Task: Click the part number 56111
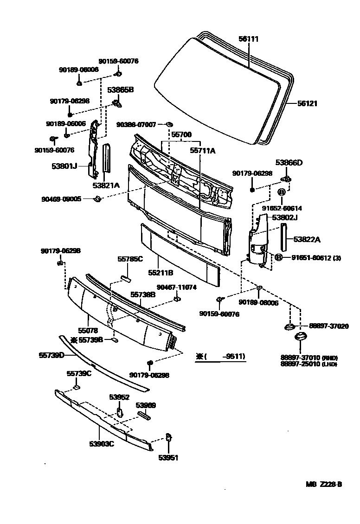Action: (x=249, y=39)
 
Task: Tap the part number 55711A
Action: (x=203, y=150)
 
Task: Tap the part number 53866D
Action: (x=289, y=162)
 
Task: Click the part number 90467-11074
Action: (x=176, y=288)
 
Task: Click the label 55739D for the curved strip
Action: (x=51, y=355)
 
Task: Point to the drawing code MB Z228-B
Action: (x=323, y=484)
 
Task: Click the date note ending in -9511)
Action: (x=220, y=357)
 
